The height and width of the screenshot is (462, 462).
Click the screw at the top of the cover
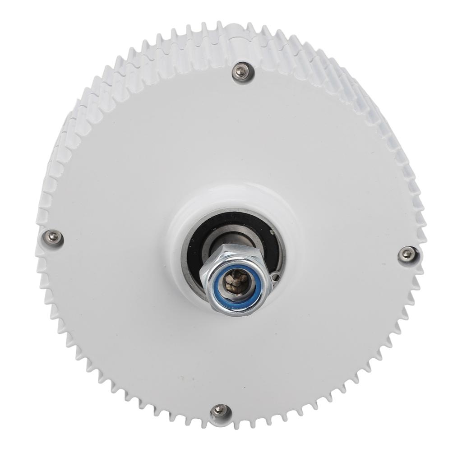pyautogui.click(x=242, y=71)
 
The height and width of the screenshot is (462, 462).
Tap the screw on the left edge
pyautogui.click(x=53, y=237)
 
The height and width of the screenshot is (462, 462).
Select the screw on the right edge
pyautogui.click(x=407, y=254)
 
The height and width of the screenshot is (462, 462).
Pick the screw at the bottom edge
pyautogui.click(x=220, y=411)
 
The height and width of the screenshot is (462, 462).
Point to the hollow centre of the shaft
pyautogui.click(x=236, y=282)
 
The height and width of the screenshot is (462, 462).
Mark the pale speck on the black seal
pyautogui.click(x=272, y=231)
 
